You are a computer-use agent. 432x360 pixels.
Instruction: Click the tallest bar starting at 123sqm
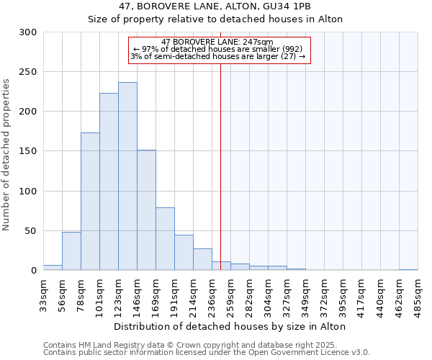(x=127, y=176)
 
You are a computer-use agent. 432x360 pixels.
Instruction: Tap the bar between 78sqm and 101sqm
(x=90, y=202)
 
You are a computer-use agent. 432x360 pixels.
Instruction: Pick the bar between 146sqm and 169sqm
(x=146, y=210)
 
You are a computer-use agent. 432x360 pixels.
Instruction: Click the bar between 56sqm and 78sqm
(x=71, y=251)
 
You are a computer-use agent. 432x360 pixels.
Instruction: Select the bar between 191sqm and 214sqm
(x=184, y=253)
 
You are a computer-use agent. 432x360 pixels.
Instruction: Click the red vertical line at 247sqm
(x=220, y=166)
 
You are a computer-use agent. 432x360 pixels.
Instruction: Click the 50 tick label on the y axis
(x=31, y=231)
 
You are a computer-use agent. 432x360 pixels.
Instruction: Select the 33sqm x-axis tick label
(x=43, y=293)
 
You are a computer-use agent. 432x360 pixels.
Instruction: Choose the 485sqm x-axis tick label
(x=418, y=294)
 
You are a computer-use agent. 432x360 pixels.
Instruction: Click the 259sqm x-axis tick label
(x=230, y=294)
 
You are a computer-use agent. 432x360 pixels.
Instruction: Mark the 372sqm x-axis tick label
(x=324, y=294)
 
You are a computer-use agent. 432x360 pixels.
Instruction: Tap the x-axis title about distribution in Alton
(x=230, y=326)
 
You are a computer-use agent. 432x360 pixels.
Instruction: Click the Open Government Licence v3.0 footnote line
(x=207, y=353)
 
